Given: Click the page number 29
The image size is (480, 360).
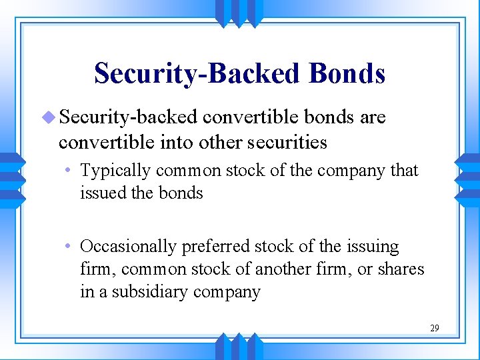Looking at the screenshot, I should pyautogui.click(x=434, y=328).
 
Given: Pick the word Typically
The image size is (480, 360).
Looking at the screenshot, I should pyautogui.click(x=116, y=171).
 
